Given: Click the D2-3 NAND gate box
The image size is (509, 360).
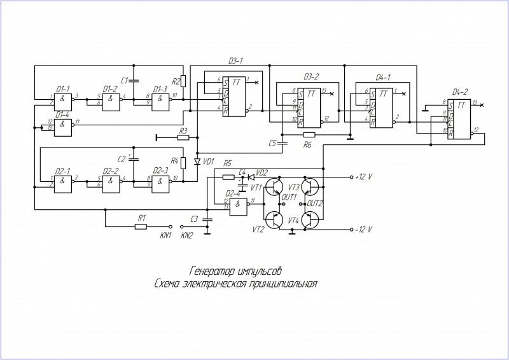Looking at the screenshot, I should (x=160, y=183).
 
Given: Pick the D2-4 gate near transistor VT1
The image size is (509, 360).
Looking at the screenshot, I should (x=239, y=205).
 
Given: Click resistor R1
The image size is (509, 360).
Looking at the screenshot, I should (x=141, y=226).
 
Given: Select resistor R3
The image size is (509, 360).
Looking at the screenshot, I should (x=183, y=136).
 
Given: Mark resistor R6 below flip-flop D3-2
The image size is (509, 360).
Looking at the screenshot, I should (x=309, y=135).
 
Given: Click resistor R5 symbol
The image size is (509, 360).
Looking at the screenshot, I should (x=228, y=177).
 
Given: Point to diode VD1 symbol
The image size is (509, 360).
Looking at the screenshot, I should (x=197, y=162).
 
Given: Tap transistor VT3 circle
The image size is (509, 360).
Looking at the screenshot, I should (x=311, y=187).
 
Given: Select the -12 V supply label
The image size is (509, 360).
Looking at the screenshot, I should (x=365, y=229).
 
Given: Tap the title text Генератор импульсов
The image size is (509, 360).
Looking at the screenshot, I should (x=236, y=270).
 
